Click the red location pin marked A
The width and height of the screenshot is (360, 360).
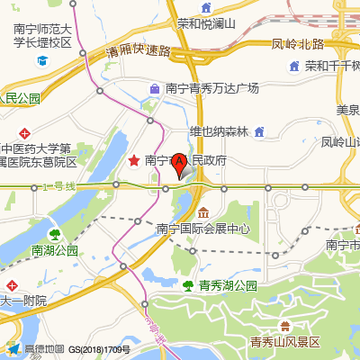pos(179,164)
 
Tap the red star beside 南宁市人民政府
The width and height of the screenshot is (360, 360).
pos(134,160)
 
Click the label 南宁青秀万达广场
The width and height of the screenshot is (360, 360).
pos(211,88)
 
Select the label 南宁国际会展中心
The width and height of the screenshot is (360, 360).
pos(203,229)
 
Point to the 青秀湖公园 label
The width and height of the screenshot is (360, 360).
pos(228,285)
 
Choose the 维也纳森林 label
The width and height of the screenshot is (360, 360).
pos(218,131)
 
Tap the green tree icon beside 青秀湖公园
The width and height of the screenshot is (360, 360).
pos(187,285)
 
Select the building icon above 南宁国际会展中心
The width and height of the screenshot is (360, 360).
pos(203,212)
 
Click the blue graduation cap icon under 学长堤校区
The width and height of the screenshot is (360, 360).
pos(42,61)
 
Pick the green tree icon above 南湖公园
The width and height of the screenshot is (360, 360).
pos(54,233)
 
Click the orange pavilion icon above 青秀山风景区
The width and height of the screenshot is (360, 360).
pos(285,325)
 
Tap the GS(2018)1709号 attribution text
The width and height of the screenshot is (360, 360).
pos(99,349)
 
